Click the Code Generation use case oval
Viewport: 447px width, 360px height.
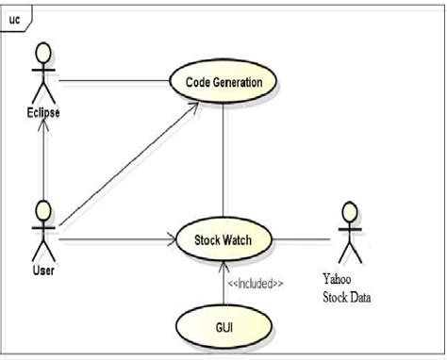tap(223, 83)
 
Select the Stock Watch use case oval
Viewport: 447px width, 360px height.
tap(223, 238)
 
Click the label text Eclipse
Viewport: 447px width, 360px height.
tap(41, 114)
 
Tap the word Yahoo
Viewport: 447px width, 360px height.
tap(340, 279)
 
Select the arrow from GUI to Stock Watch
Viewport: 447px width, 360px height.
tap(223, 283)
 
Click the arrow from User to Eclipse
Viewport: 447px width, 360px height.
tap(41, 160)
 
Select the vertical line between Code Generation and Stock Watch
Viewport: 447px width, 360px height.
tap(223, 160)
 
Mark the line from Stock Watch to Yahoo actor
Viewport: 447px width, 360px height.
tap(302, 238)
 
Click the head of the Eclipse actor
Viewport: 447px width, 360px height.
tap(41, 51)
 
